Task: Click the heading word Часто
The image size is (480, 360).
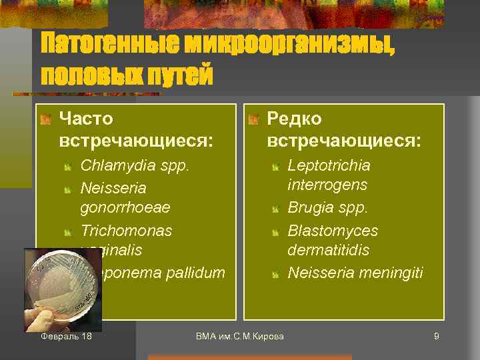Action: click(86, 119)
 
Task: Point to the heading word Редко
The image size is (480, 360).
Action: click(294, 119)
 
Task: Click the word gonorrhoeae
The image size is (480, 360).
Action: click(125, 207)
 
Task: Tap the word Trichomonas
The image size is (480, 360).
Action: click(126, 231)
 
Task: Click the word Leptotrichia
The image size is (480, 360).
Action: click(329, 165)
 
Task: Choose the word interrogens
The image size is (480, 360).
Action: click(327, 185)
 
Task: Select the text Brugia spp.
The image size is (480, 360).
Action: click(327, 208)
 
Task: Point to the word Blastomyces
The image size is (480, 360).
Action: click(333, 231)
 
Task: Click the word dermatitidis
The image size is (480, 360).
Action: click(328, 251)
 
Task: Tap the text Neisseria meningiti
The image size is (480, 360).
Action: click(355, 273)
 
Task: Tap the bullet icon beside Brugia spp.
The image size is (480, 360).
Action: click(276, 209)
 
